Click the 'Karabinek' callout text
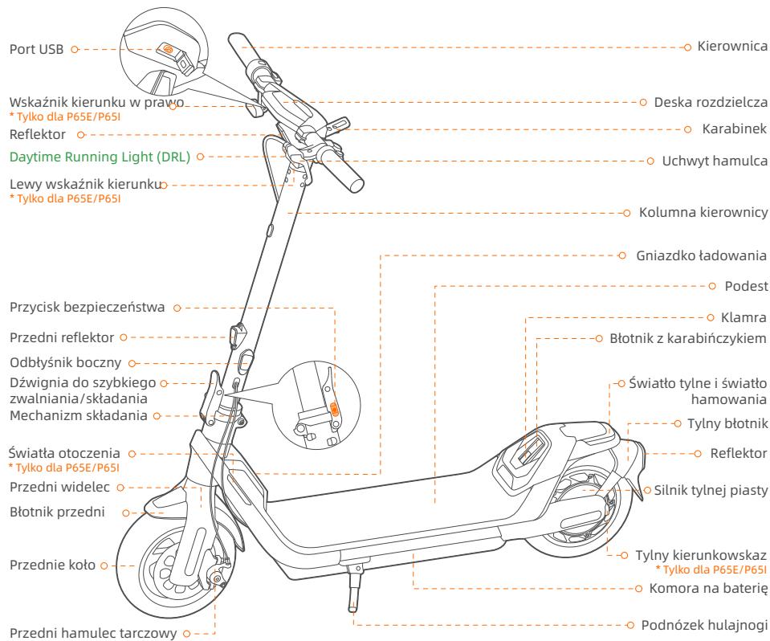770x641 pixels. tap(727, 129)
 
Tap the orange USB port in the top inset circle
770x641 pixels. tap(168, 48)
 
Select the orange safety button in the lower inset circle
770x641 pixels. tap(335, 409)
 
